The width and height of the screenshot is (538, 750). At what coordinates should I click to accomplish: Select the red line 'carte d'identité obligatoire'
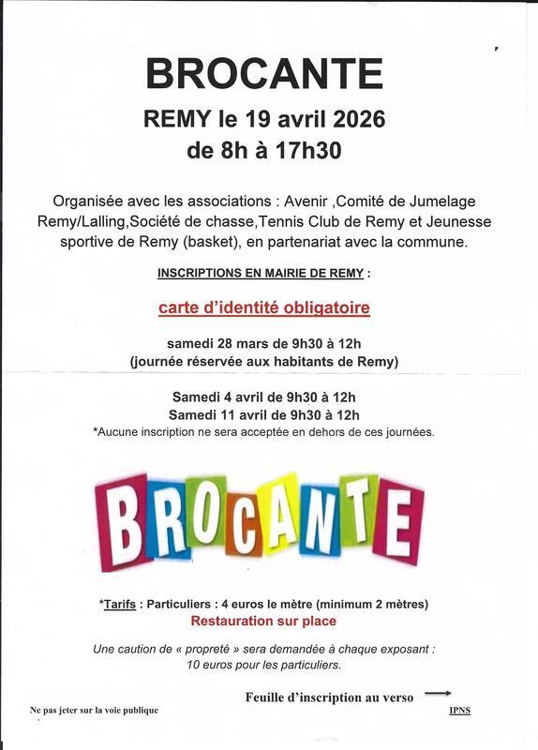(263, 307)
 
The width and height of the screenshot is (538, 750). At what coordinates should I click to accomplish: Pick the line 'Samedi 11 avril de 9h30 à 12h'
(263, 414)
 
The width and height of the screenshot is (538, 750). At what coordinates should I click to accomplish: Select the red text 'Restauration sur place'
(263, 621)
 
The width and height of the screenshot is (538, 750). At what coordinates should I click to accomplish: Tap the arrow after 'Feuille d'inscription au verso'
(438, 694)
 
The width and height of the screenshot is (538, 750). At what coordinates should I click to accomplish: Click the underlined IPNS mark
(459, 710)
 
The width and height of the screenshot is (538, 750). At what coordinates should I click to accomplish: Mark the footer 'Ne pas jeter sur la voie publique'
(94, 710)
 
